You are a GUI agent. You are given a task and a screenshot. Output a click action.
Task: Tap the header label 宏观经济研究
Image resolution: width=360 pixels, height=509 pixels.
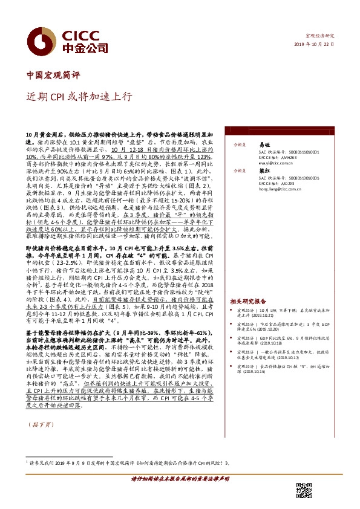point(319,36)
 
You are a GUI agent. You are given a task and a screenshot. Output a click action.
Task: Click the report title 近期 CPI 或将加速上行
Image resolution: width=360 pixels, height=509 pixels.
point(77,97)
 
